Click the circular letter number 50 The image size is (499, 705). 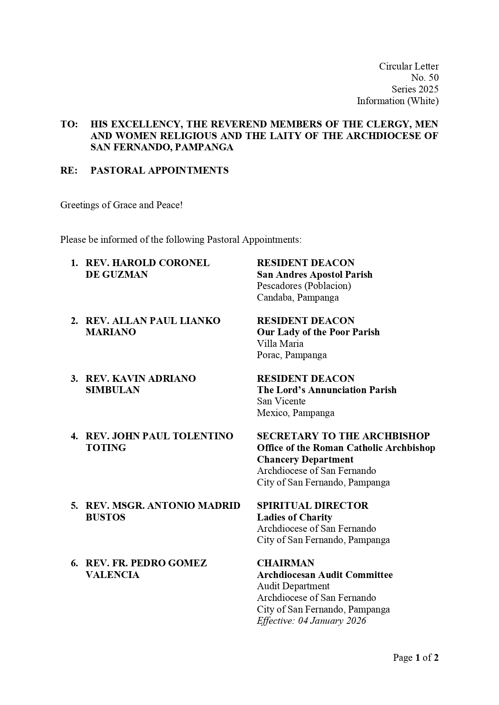(x=425, y=78)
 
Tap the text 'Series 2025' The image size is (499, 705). (x=415, y=89)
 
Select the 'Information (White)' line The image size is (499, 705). (x=398, y=101)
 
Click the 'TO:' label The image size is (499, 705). (x=69, y=124)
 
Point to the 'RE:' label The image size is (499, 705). (x=69, y=170)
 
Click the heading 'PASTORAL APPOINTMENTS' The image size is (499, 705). (x=159, y=170)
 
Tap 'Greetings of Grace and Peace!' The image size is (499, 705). (x=121, y=205)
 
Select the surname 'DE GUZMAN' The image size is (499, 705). (x=117, y=275)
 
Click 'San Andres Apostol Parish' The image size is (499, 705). (x=314, y=275)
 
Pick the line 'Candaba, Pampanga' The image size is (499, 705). (x=298, y=297)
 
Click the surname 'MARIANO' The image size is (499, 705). (x=111, y=332)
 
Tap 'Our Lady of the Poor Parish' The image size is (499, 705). (x=318, y=332)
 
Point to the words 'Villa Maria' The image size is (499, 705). (x=280, y=344)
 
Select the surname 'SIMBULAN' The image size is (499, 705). (x=113, y=390)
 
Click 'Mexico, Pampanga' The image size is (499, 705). (x=296, y=413)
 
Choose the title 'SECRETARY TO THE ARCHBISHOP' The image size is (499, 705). (x=343, y=436)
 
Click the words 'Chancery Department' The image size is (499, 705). (x=305, y=459)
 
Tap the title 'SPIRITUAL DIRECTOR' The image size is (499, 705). (x=312, y=506)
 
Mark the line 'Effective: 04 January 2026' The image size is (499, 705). (x=311, y=621)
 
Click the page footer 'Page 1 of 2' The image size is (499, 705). (x=415, y=658)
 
